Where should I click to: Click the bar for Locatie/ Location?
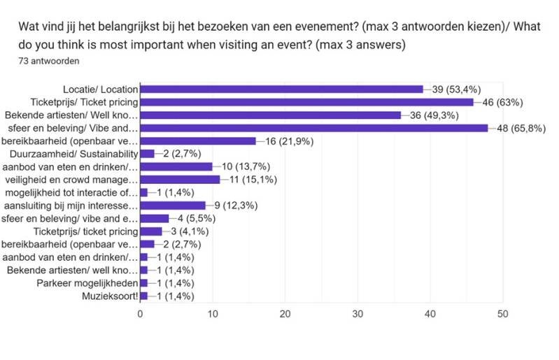click(281, 89)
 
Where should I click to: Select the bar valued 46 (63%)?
click(306, 102)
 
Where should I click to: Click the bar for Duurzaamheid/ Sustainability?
click(147, 154)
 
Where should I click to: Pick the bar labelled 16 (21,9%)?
click(198, 141)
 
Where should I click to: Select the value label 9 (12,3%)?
click(233, 206)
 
